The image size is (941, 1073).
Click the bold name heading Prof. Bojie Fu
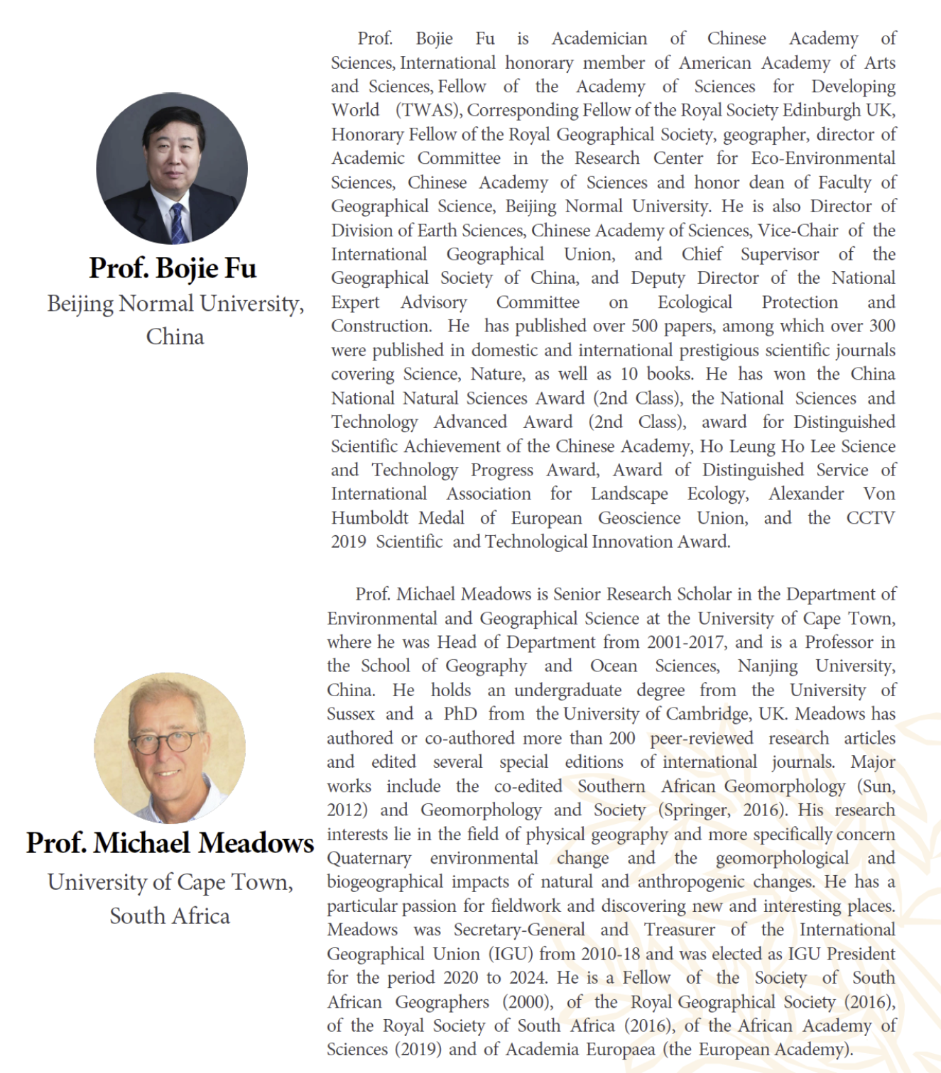pyautogui.click(x=173, y=268)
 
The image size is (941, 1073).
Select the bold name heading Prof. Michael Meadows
pyautogui.click(x=170, y=843)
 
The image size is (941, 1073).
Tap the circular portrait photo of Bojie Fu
pyautogui.click(x=172, y=169)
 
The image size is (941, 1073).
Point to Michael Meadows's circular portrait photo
pyautogui.click(x=170, y=748)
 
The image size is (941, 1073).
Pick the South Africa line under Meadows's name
pyautogui.click(x=170, y=916)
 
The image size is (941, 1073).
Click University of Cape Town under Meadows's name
pyautogui.click(x=170, y=882)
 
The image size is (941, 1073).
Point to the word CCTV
pyautogui.click(x=870, y=518)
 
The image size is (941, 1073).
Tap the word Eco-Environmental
pyautogui.click(x=823, y=158)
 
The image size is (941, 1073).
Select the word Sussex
pyautogui.click(x=351, y=714)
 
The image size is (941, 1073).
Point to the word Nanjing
pyautogui.click(x=768, y=666)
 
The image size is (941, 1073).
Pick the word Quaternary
pyautogui.click(x=369, y=858)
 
